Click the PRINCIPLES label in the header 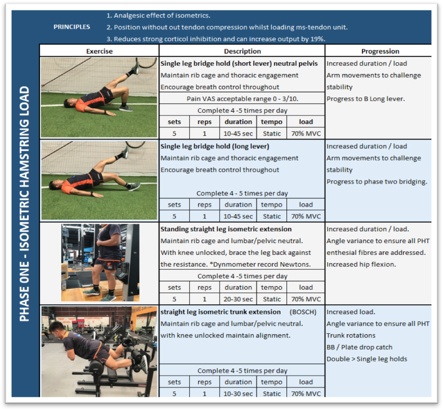pos(72,27)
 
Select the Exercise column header pos(99,51)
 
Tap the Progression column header pos(380,51)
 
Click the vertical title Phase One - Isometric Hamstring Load pos(24,203)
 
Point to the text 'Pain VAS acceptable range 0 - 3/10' pos(242,99)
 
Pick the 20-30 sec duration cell pos(238,299)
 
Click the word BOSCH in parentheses pos(303,312)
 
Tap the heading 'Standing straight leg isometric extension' pos(226,229)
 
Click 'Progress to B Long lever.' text pos(365,99)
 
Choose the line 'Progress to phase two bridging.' pos(377,182)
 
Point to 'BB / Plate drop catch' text pos(359,347)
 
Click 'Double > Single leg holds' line pos(366,359)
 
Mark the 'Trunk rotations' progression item pos(351,336)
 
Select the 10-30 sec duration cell pos(238,394)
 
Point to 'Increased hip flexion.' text pos(361,264)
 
